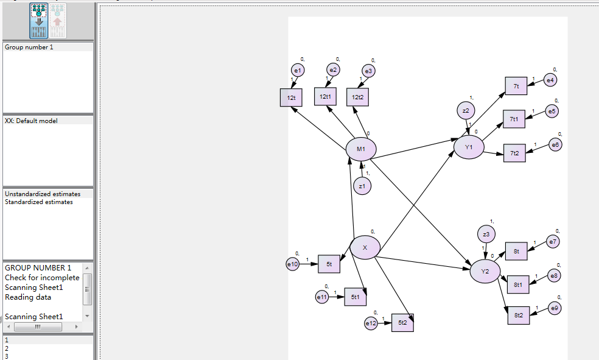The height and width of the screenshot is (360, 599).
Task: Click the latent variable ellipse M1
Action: [361, 149]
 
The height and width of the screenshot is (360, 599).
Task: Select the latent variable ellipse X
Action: [365, 247]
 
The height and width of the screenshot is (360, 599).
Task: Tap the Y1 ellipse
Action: [469, 147]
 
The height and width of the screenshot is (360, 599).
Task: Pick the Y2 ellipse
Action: [485, 271]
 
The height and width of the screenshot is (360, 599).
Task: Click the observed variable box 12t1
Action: [325, 96]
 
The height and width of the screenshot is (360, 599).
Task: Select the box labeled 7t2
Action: [514, 153]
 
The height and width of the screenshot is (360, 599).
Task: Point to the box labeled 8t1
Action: [518, 284]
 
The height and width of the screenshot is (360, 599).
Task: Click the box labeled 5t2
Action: [402, 322]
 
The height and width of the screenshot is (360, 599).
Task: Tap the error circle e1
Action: [298, 71]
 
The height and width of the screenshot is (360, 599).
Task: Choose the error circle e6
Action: [555, 144]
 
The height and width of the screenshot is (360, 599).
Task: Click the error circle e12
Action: [371, 323]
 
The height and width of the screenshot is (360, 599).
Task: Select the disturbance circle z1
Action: [362, 186]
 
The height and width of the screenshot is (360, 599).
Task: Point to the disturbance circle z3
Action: [486, 234]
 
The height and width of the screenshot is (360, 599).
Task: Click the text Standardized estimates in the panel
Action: [39, 202]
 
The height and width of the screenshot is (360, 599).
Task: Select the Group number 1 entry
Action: [29, 48]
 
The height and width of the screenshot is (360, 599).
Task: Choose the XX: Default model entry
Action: [32, 121]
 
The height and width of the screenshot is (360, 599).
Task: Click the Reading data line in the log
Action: [28, 297]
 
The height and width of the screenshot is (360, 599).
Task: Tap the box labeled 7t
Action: [516, 86]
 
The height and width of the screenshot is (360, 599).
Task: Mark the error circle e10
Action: [293, 264]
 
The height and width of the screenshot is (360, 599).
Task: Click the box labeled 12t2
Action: [357, 96]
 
